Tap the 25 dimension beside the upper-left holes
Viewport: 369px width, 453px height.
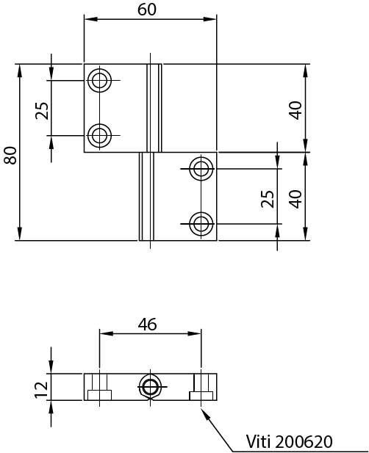coord(43,110)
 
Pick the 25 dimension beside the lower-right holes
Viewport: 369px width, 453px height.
coord(268,199)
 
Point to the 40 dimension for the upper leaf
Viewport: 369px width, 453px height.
coord(295,110)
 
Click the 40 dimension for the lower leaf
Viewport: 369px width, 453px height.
coord(295,198)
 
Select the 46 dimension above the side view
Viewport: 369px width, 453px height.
coord(148,324)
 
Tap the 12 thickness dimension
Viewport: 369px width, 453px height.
coord(41,386)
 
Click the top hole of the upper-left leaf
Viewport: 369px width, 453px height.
coord(99,79)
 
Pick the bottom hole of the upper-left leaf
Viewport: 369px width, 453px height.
coord(99,134)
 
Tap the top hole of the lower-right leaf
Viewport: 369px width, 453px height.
coord(201,168)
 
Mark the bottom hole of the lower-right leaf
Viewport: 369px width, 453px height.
coord(201,222)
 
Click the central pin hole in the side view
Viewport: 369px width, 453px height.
coord(151,386)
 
